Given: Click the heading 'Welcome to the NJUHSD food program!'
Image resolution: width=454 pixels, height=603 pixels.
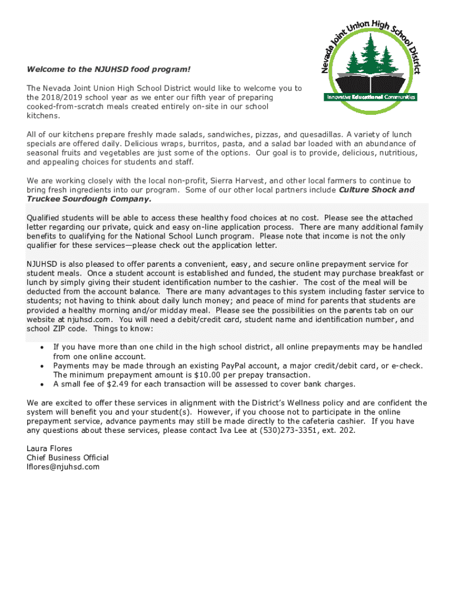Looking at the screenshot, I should [x=108, y=70].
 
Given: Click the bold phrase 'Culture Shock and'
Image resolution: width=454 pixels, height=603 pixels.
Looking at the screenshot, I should [x=376, y=190].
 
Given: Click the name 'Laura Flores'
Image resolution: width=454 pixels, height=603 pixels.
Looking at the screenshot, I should [x=50, y=449].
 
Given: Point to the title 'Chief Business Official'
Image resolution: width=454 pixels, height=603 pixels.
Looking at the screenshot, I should [x=68, y=458].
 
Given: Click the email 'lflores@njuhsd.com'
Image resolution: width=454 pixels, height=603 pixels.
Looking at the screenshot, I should [x=63, y=467].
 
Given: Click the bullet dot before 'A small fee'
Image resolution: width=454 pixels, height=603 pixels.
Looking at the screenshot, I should [x=42, y=385].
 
